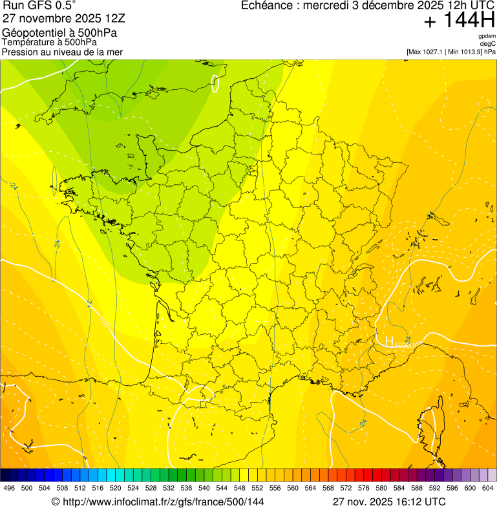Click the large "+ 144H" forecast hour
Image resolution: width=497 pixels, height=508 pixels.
(x=459, y=21)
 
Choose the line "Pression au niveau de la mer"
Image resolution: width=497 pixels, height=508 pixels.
(x=62, y=52)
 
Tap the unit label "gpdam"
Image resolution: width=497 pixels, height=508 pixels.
(x=487, y=36)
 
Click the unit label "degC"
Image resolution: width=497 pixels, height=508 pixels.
(x=488, y=44)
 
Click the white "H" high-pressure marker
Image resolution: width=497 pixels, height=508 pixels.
(x=389, y=341)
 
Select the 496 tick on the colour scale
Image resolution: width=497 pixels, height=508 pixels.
(x=9, y=488)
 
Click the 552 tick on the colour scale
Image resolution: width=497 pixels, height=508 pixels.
(x=257, y=488)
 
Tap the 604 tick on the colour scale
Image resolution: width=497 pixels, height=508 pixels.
(x=487, y=488)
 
